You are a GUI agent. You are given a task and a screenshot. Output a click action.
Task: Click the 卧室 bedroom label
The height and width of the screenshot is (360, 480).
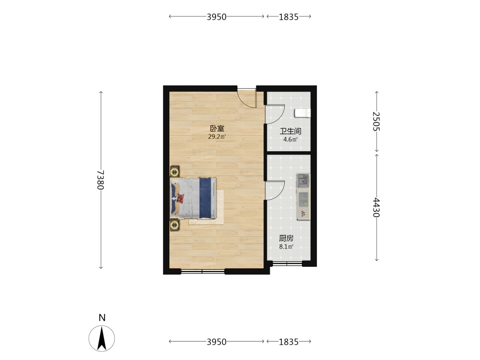tap(217, 129)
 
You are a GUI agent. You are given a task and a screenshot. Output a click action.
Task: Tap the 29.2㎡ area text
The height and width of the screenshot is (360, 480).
tap(217, 136)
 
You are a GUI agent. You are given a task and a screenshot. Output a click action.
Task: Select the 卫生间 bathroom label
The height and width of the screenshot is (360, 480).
tap(290, 132)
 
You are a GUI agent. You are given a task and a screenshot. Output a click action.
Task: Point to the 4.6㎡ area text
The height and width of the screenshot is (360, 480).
tap(290, 140)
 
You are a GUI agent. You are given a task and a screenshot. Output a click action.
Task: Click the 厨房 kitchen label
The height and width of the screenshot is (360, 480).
tap(286, 239)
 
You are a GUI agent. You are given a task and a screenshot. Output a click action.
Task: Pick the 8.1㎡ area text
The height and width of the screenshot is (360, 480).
tap(286, 246)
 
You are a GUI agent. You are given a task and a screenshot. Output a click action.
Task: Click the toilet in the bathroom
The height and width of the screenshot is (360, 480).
tap(302, 113)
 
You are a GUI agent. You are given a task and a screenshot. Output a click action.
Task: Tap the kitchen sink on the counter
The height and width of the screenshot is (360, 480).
tap(303, 180)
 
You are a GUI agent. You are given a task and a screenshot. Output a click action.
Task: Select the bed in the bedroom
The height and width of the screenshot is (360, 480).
tap(193, 198)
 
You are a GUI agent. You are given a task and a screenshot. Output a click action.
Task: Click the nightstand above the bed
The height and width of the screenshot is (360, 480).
tap(175, 171)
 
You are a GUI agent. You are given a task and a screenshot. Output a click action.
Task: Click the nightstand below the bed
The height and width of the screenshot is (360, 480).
tap(175, 225)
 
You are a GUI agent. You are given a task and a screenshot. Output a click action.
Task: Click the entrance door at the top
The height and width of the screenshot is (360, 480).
tap(247, 98)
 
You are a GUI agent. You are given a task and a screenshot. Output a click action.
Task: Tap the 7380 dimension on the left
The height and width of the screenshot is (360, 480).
tap(101, 180)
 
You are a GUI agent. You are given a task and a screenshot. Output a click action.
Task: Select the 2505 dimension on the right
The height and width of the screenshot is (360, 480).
tap(376, 121)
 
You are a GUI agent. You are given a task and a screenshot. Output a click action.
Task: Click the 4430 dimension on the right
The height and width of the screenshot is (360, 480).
tap(376, 207)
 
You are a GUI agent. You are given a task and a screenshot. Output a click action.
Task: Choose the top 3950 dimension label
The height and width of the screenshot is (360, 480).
tap(216, 16)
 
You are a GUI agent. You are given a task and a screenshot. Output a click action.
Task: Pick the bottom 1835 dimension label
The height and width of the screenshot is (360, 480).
tap(288, 342)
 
